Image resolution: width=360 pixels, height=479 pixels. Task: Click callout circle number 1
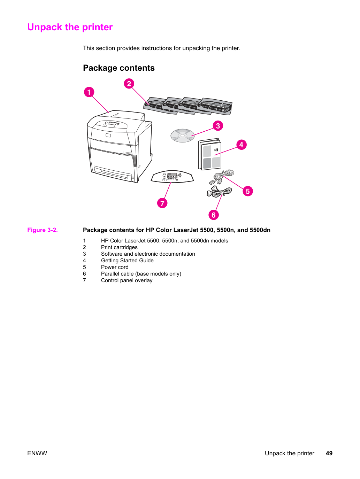(89, 92)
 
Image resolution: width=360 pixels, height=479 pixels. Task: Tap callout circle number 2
(129, 84)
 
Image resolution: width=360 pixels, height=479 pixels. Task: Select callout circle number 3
(218, 126)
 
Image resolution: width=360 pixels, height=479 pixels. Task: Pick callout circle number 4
(242, 145)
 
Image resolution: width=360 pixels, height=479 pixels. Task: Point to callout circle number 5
(248, 191)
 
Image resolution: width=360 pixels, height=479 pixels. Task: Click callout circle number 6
(214, 215)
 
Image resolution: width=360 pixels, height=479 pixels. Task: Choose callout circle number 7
(162, 203)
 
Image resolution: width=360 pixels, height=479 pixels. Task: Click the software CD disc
(183, 136)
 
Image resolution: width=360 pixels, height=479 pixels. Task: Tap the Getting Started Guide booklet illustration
(210, 154)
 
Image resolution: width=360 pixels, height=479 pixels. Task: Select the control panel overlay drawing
(172, 176)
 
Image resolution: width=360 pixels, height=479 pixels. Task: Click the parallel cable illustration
(219, 192)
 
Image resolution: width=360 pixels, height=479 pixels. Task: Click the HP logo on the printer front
(108, 136)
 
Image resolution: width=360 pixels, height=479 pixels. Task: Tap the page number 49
(329, 453)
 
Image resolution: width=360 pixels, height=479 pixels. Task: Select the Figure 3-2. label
(43, 230)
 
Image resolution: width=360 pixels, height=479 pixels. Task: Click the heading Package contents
(119, 68)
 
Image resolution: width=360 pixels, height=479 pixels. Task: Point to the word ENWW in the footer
(37, 453)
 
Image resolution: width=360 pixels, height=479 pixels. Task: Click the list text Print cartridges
(119, 247)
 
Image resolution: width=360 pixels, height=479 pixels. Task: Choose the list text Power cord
(115, 267)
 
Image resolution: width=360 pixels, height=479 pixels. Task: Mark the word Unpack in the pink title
(45, 27)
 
